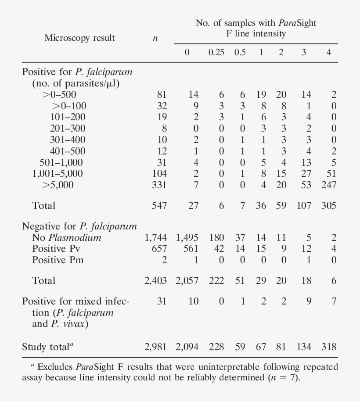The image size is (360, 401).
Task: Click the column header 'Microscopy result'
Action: tap(79, 38)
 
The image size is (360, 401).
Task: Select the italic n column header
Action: tap(155, 39)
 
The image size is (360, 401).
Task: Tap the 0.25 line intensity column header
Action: tap(216, 53)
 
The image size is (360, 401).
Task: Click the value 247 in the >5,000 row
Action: tap(328, 185)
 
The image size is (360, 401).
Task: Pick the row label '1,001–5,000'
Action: tap(57, 174)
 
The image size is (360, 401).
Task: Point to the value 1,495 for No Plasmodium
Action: tap(187, 238)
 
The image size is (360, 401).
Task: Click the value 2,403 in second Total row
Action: tap(155, 281)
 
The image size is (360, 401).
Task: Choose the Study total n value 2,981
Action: tap(155, 347)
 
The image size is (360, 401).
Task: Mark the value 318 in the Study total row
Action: tap(328, 347)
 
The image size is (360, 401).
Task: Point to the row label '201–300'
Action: tap(68, 128)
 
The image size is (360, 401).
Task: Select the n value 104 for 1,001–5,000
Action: tap(159, 174)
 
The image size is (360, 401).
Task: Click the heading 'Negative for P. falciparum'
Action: tap(79, 227)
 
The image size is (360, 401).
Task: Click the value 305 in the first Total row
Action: tap(328, 205)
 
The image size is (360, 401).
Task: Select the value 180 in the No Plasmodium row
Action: tap(216, 238)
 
